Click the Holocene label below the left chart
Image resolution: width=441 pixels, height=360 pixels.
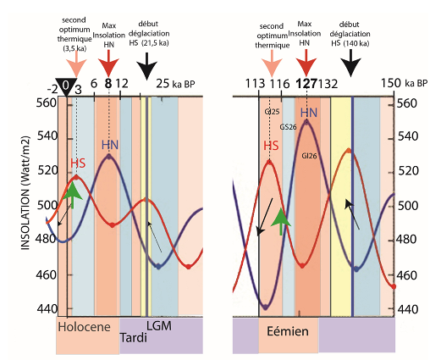click(84, 327)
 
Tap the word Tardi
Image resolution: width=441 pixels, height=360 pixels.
click(134, 337)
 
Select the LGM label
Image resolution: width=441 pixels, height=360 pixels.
click(159, 326)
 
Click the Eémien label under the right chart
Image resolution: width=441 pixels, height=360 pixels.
click(288, 331)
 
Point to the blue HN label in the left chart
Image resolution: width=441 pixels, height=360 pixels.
click(110, 145)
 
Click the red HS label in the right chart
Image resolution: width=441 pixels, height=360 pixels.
click(271, 146)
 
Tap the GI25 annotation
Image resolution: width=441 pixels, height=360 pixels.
click(272, 112)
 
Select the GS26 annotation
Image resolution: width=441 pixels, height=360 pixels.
click(288, 127)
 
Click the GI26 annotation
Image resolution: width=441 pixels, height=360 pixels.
click(309, 156)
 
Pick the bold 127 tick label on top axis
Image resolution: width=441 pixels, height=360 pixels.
click(306, 84)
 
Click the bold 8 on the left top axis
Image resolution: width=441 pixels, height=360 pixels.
click(108, 84)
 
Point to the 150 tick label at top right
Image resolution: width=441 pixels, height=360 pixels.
click(391, 83)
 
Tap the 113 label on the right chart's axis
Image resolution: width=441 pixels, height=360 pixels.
click(255, 84)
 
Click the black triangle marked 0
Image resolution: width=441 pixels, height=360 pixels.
click(66, 87)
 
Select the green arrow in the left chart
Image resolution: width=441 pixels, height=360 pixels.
click(73, 195)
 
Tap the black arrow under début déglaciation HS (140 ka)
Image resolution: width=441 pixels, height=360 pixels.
click(350, 63)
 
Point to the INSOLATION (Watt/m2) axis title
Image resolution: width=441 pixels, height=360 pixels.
click(25, 193)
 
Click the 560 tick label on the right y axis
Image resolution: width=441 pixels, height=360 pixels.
click(407, 103)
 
